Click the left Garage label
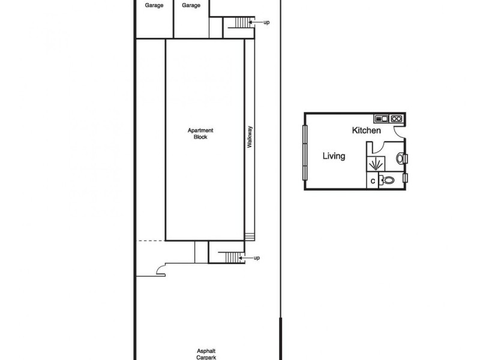pyautogui.click(x=154, y=5)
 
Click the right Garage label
pyautogui.click(x=191, y=5)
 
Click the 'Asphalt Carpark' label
pyautogui.click(x=206, y=354)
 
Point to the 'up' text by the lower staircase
pyautogui.click(x=257, y=258)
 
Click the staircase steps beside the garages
pyautogui.click(x=241, y=22)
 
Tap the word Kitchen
pyautogui.click(x=366, y=130)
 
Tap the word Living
pyautogui.click(x=334, y=156)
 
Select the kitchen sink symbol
pyautogui.click(x=382, y=118)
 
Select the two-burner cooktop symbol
pyautogui.click(x=396, y=118)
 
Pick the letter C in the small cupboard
pyautogui.click(x=373, y=180)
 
